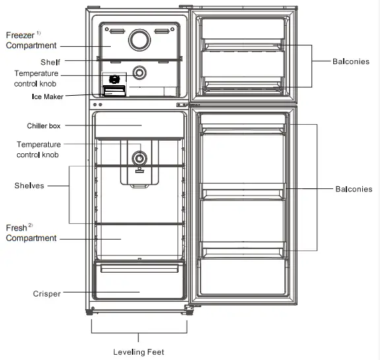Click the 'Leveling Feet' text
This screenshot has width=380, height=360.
click(139, 352)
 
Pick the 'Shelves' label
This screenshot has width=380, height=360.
click(29, 186)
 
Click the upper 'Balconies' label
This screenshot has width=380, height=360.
click(350, 62)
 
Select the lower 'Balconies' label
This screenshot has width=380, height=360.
click(354, 189)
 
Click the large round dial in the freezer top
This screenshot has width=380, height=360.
click(139, 40)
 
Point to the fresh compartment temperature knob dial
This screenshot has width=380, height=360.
click(139, 159)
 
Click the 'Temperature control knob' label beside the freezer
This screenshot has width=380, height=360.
click(36, 79)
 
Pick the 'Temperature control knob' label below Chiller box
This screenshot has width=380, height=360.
click(39, 150)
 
